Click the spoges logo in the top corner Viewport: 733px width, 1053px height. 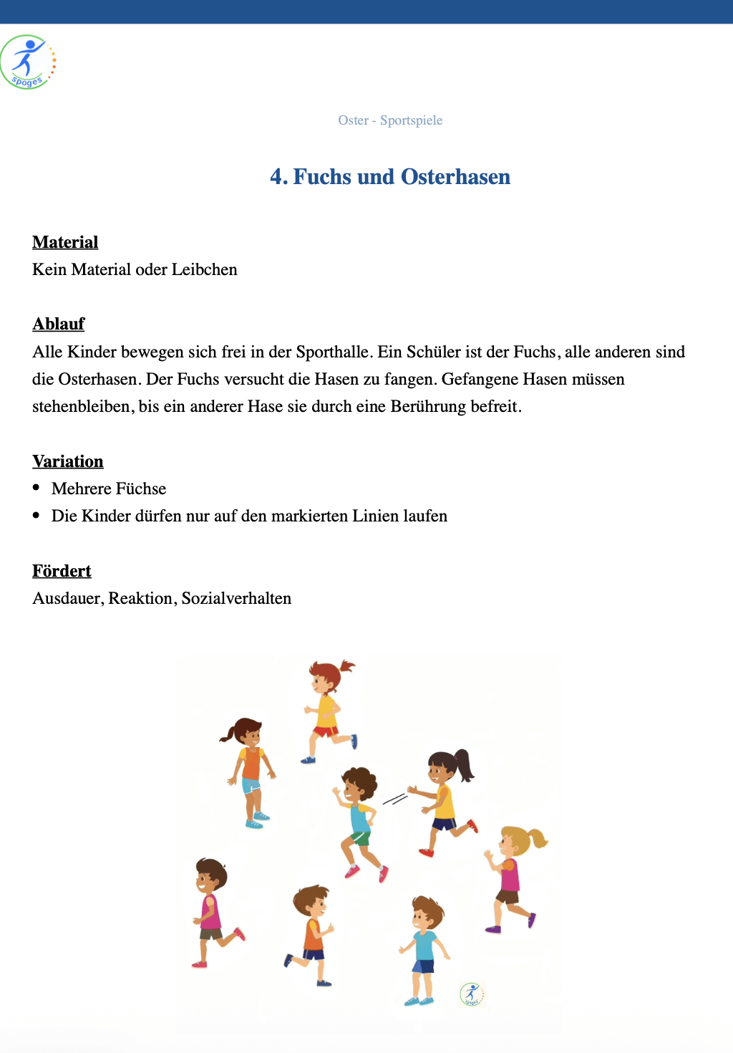[x=28, y=62]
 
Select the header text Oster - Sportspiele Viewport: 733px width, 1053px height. [x=390, y=120]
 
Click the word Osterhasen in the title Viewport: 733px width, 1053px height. [x=455, y=177]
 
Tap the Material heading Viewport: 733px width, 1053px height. [x=65, y=242]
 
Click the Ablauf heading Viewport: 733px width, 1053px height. [x=59, y=324]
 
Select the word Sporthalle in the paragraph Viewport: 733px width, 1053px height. [x=333, y=352]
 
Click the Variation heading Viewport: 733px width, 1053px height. [x=68, y=461]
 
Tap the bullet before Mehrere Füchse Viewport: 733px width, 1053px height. [x=37, y=488]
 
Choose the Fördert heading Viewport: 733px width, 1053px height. [x=62, y=571]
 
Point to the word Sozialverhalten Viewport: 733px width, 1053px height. [x=236, y=598]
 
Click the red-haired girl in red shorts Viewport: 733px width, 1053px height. [x=327, y=709]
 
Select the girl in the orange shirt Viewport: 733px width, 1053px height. [x=250, y=770]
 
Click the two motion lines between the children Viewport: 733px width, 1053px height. [x=394, y=799]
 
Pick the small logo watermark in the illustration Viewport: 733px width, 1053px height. [x=472, y=994]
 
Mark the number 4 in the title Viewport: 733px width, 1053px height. [x=276, y=177]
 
